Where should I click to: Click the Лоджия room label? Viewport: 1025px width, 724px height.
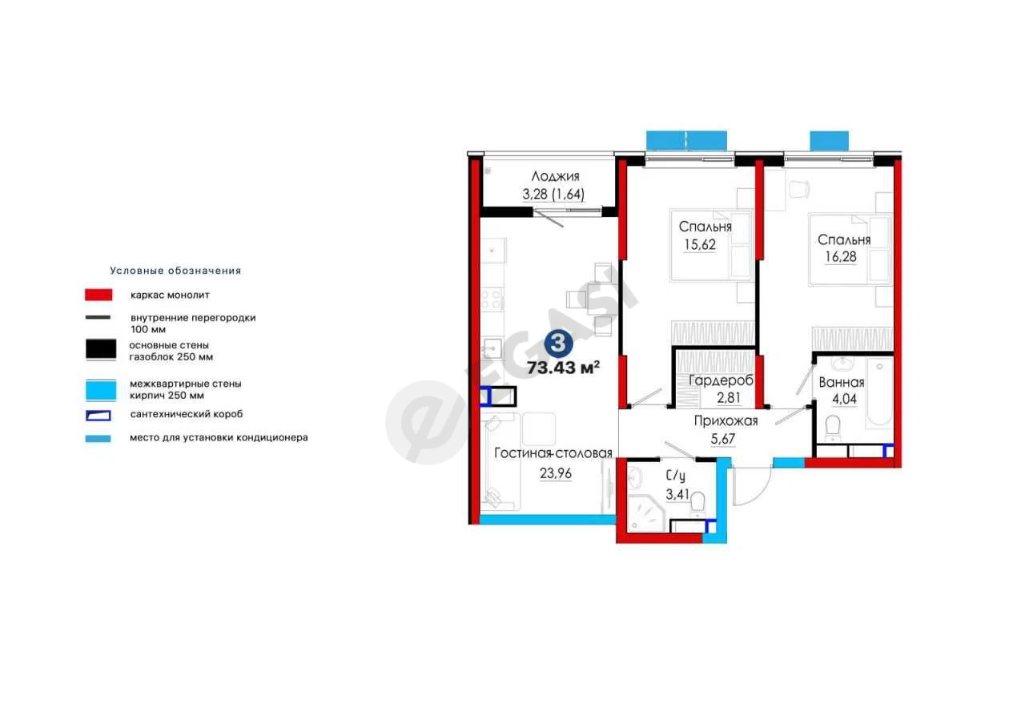click(x=555, y=176)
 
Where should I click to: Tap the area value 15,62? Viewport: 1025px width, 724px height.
click(x=700, y=244)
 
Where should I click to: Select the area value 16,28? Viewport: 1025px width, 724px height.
click(x=841, y=256)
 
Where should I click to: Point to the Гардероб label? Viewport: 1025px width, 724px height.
click(x=721, y=380)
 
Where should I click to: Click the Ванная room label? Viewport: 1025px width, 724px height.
click(x=842, y=382)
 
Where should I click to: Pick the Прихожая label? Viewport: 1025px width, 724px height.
click(x=726, y=421)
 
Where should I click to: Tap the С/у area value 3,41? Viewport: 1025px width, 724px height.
click(x=677, y=494)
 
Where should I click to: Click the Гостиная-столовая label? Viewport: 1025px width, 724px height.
click(x=553, y=453)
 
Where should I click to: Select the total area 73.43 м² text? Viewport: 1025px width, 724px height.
click(x=563, y=368)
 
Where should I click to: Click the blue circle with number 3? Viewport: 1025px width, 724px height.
click(x=558, y=343)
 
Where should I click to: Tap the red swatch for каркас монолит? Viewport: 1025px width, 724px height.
click(x=98, y=295)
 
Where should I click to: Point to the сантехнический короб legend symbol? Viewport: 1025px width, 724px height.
click(x=98, y=416)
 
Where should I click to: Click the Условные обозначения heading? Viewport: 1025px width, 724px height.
click(x=175, y=271)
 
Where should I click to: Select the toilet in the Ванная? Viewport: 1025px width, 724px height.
click(x=832, y=428)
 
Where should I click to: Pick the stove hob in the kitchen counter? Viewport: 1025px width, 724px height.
click(x=492, y=300)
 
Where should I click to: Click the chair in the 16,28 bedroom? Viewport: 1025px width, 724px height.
click(x=799, y=190)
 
